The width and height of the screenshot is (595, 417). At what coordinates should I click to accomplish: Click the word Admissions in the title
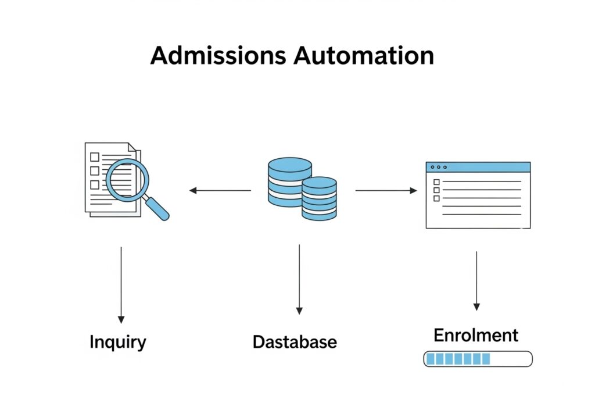coord(218,56)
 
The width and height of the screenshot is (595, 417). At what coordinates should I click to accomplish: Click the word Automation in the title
coord(363,56)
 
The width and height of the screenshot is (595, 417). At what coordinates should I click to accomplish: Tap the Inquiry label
coord(118,342)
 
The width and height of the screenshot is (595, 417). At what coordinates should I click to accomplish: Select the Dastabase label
coord(295,342)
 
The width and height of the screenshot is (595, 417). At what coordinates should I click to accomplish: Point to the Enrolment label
coord(476,336)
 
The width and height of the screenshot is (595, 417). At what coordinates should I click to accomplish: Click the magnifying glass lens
coord(127,180)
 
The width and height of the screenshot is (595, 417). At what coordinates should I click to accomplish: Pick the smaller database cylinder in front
coord(320,198)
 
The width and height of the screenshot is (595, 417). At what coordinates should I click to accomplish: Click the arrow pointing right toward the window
coord(386,190)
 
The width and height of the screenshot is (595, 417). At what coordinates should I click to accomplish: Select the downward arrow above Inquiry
coord(121,285)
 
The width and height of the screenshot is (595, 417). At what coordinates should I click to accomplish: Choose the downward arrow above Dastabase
coord(299,279)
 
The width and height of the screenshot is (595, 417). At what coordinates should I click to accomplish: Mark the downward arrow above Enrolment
coord(476,281)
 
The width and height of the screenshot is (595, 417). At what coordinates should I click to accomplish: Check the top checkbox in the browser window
coord(436,182)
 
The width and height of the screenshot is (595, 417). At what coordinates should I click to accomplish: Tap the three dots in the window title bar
coord(438,167)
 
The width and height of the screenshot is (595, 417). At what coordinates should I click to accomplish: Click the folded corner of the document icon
coord(132,147)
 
